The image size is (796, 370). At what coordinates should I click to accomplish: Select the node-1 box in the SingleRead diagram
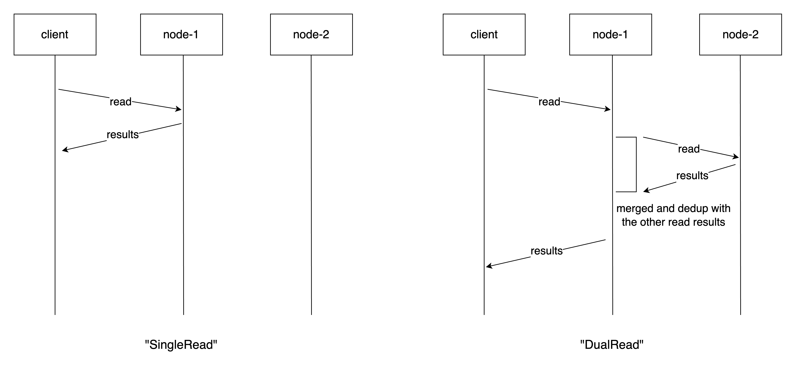(x=181, y=34)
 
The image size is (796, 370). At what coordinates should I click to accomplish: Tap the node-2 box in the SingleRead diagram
(x=311, y=34)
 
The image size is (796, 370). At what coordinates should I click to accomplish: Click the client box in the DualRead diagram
(x=484, y=34)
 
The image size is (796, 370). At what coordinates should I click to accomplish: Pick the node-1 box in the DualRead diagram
(x=610, y=34)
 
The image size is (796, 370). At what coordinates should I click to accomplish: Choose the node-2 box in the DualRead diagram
(x=740, y=34)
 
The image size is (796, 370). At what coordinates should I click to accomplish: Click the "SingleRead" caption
(x=181, y=344)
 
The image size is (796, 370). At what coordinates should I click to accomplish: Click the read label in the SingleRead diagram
(x=121, y=102)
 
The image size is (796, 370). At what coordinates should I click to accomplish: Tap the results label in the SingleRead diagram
(x=123, y=134)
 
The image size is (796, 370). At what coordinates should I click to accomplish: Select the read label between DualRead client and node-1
(x=549, y=102)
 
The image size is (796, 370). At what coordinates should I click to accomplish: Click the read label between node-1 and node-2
(x=688, y=149)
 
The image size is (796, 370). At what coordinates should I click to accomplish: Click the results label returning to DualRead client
(x=546, y=251)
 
